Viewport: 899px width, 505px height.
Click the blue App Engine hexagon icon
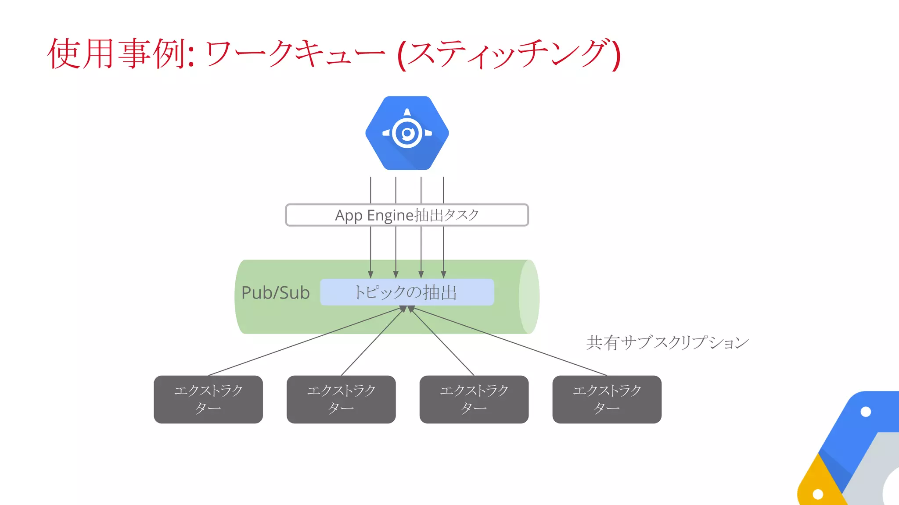[x=407, y=133]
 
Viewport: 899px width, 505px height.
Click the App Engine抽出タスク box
[x=407, y=215]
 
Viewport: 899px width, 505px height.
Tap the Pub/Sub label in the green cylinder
[x=276, y=293]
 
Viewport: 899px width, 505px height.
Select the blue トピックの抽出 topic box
[x=407, y=292]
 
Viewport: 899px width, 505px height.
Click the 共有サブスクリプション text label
[x=667, y=342]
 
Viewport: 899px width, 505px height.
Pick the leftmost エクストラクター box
[x=208, y=399]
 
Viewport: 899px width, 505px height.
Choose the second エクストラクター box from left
[x=341, y=399]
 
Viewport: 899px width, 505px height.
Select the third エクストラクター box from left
[x=474, y=399]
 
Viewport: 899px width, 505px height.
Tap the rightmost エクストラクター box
[x=607, y=399]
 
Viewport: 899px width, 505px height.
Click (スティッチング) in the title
[x=509, y=54]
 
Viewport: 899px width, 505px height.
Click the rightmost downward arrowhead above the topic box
[x=443, y=274]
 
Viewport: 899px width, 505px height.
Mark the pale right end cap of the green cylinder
[x=529, y=297]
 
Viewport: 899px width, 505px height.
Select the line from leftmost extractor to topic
[x=303, y=342]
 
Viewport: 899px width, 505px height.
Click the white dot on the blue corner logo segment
[x=866, y=412]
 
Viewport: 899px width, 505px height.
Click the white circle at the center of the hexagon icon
[x=407, y=133]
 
